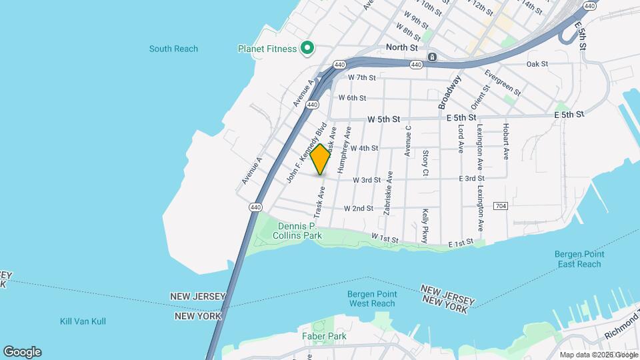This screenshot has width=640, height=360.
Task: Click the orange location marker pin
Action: tap(321, 159)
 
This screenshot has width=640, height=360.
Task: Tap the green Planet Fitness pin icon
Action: tap(307, 48)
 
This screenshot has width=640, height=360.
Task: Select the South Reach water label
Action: tap(173, 49)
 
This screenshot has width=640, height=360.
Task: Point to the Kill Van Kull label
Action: tap(83, 321)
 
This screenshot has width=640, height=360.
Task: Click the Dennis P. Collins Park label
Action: tap(299, 230)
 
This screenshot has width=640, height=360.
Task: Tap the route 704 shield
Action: tap(501, 205)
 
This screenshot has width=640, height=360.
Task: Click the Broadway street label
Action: tap(450, 92)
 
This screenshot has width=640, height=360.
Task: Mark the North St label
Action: tap(402, 48)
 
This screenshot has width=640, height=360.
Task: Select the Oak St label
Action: tap(537, 64)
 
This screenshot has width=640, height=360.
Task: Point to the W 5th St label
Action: tap(383, 119)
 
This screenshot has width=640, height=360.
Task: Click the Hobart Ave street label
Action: tap(507, 141)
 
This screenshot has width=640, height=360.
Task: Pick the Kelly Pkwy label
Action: tap(425, 226)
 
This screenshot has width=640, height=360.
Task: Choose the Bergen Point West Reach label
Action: tap(373, 299)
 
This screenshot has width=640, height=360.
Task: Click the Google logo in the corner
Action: tap(22, 352)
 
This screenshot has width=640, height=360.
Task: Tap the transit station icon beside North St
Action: tap(432, 57)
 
